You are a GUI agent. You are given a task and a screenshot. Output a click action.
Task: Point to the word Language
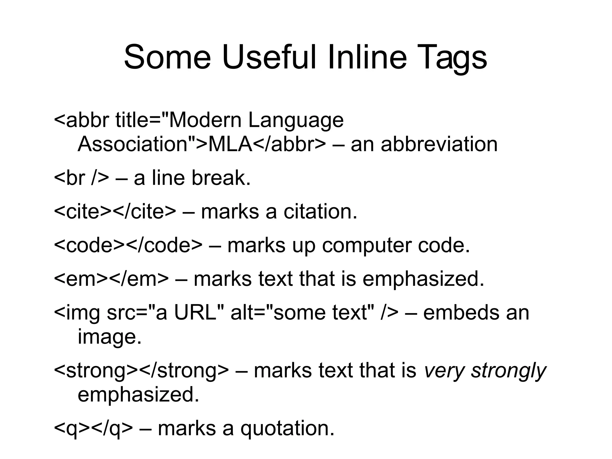296,121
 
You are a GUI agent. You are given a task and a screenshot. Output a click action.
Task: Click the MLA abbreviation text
230,144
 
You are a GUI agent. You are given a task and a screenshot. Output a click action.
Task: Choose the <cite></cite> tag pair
115,211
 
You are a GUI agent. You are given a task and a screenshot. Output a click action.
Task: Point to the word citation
320,211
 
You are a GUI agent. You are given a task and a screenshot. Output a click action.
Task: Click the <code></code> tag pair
128,245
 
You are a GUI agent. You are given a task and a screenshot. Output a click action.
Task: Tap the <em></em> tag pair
111,279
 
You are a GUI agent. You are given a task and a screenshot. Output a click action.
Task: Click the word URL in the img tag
195,313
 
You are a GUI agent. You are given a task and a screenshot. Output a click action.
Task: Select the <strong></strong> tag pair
141,371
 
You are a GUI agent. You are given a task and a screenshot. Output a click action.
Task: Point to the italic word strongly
508,371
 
